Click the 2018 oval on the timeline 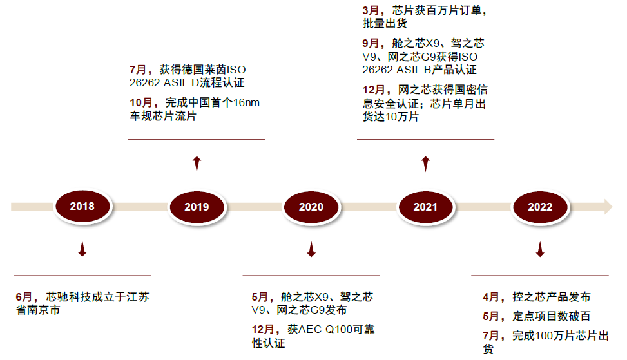coord(82,206)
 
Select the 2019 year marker coord(197,207)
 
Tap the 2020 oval coord(311,207)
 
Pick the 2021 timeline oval coord(425,207)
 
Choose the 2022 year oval coord(540,207)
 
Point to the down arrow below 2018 coord(82,249)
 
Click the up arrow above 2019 coord(197,163)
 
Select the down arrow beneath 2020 coord(311,249)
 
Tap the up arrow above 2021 coord(425,163)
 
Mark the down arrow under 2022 coord(540,249)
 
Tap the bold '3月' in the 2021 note coord(372,11)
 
